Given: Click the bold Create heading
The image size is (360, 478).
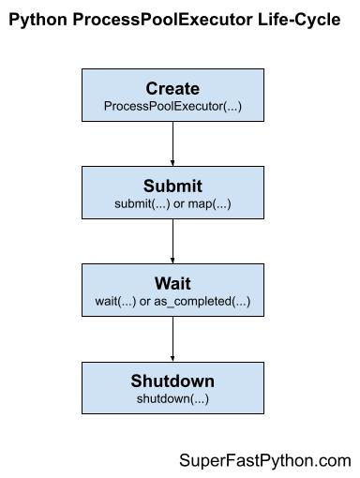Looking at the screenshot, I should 172,89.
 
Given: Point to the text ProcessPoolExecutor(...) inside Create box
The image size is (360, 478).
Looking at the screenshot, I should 172,107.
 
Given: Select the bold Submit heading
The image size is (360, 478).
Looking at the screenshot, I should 172,186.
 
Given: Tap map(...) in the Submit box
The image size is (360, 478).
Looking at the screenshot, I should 211,203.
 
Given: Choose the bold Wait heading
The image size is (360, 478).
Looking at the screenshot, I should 172,282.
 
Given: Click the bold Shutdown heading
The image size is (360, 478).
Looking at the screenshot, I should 172,381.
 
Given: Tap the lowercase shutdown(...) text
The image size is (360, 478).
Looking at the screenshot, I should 172,397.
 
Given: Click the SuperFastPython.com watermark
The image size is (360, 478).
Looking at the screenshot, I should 264,460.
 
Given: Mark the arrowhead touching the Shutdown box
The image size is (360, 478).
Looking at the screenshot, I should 172,359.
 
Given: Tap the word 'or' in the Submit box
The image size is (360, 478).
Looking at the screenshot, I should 182,203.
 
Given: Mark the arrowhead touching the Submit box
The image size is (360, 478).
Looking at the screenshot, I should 172,164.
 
